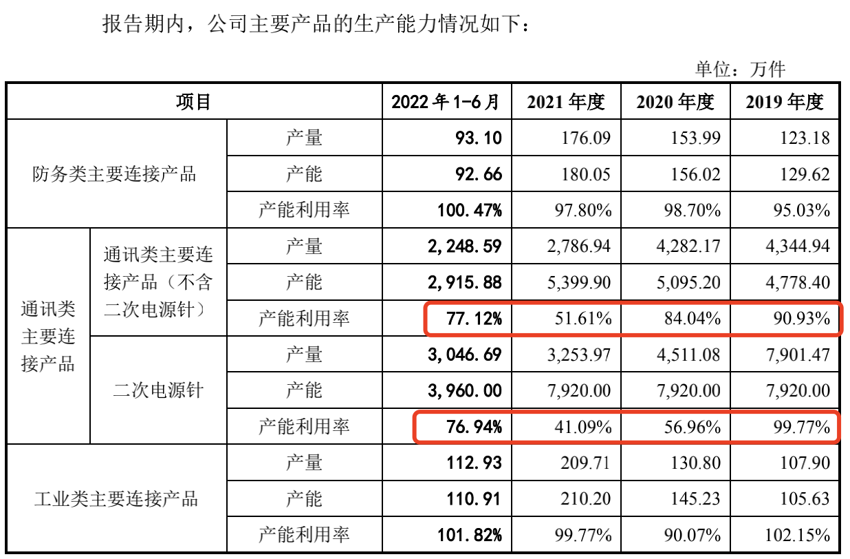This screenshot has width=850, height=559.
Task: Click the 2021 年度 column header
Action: pyautogui.click(x=566, y=103)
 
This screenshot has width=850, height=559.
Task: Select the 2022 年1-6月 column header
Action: pyautogui.click(x=446, y=103)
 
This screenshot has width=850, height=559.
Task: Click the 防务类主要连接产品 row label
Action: pyautogui.click(x=115, y=174)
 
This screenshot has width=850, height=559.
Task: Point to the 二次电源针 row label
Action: pyautogui.click(x=158, y=390)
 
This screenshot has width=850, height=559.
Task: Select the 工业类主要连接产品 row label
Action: pyautogui.click(x=116, y=498)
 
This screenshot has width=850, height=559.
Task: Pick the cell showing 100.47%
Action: pyautogui.click(x=470, y=210)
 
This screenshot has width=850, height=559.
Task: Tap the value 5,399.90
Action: pyautogui.click(x=579, y=282)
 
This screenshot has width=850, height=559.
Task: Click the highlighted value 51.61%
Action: pyautogui.click(x=584, y=318)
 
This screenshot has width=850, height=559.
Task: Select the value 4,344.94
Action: pyautogui.click(x=798, y=246)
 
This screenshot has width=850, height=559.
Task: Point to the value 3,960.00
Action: pyautogui.click(x=465, y=390)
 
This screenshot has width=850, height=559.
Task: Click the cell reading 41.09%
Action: pyautogui.click(x=584, y=427)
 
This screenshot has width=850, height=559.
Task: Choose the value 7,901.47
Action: pyautogui.click(x=798, y=355)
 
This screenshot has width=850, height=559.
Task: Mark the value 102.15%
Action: pyautogui.click(x=798, y=535)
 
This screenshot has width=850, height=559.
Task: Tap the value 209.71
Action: pyautogui.click(x=586, y=463)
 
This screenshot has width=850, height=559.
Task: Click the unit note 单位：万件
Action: pyautogui.click(x=740, y=68)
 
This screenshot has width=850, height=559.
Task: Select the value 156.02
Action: pyautogui.click(x=695, y=174)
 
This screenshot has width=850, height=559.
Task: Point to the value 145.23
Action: pyautogui.click(x=695, y=498)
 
